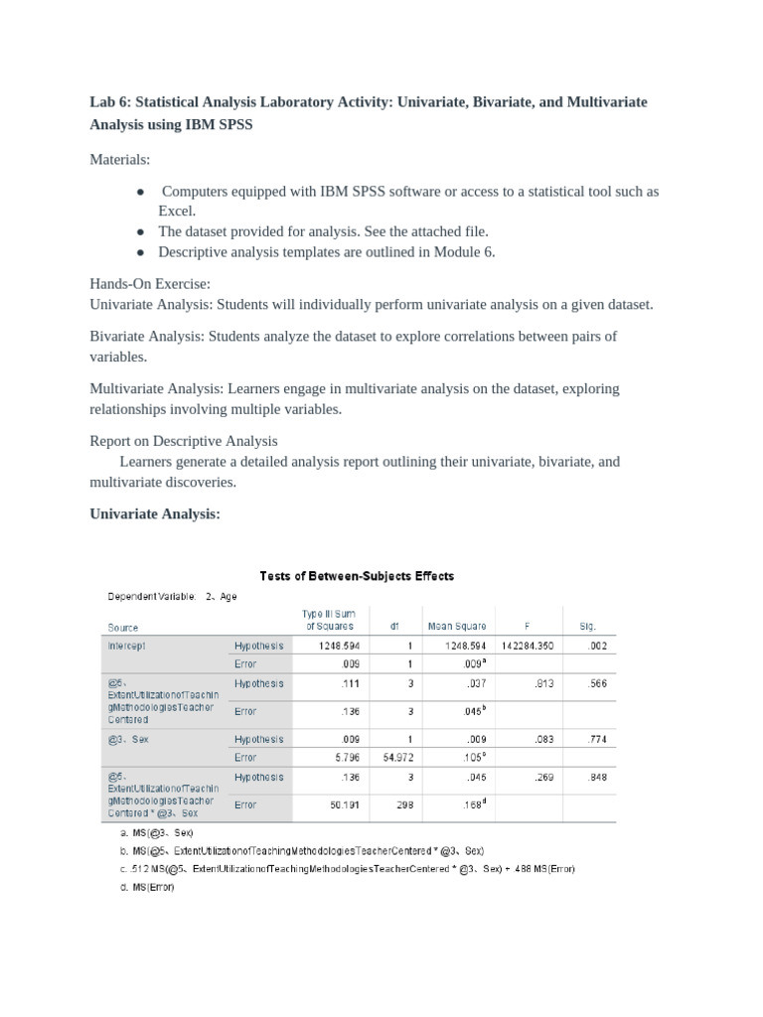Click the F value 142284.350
[x=528, y=646]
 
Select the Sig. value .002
[x=597, y=646]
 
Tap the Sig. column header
[x=586, y=627]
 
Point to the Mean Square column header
[x=456, y=627]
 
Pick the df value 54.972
[x=382, y=758]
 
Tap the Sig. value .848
[x=597, y=778]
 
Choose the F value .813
[x=542, y=684]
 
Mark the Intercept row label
[x=126, y=646]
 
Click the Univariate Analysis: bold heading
[x=154, y=513]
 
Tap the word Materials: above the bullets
[x=119, y=159]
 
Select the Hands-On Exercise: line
[x=150, y=284]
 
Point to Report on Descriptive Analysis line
[x=184, y=440]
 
